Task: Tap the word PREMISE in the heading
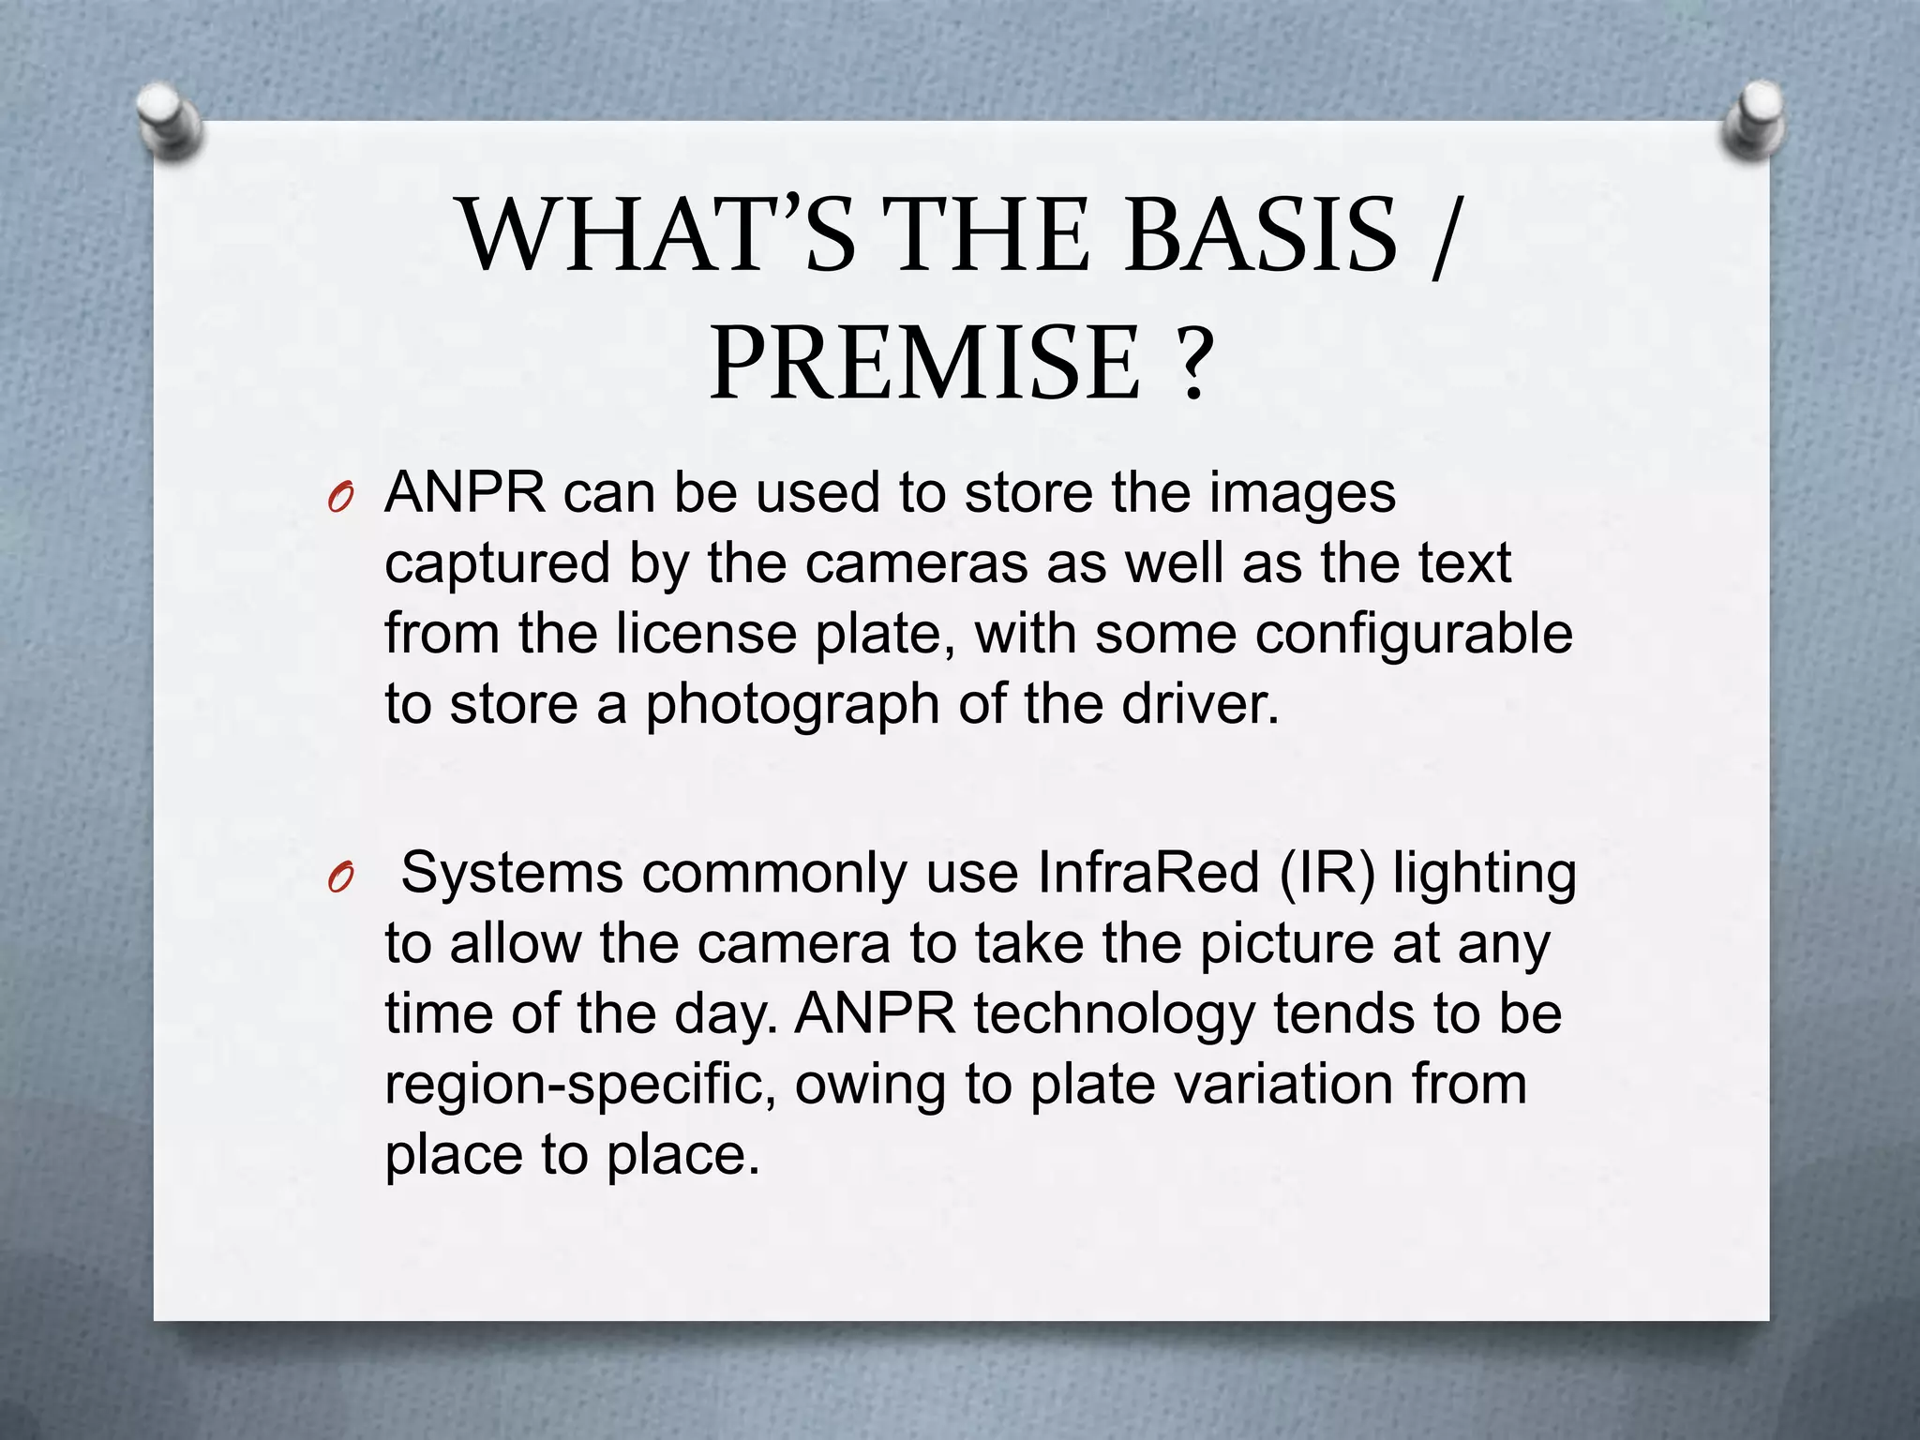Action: [x=924, y=363]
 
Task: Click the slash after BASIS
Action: [x=1445, y=236]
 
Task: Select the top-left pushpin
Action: [x=169, y=119]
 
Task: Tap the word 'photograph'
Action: [x=791, y=705]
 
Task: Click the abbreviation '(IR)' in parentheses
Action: [x=1326, y=874]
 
